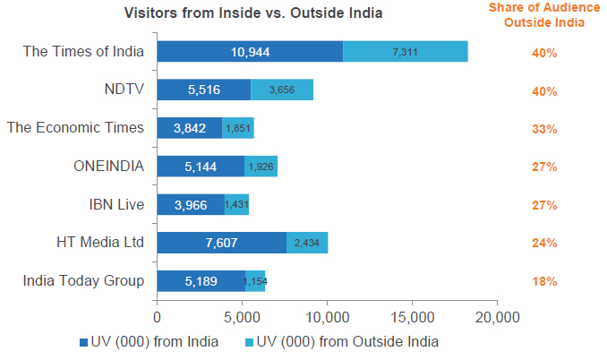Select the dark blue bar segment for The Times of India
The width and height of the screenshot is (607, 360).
[x=250, y=52]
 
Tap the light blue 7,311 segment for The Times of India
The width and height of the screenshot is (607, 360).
[x=406, y=52]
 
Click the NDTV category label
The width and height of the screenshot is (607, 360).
[x=124, y=89]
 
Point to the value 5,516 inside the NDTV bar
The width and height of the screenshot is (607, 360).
[x=204, y=90]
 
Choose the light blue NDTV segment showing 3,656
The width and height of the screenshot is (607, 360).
[x=282, y=90]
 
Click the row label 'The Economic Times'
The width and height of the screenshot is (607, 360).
[x=75, y=127]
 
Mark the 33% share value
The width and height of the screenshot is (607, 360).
[x=544, y=129]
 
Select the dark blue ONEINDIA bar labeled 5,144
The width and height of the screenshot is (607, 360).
[x=201, y=166]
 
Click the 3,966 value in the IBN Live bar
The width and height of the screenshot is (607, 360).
[x=191, y=205]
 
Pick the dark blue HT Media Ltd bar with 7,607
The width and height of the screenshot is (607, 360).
[x=221, y=243]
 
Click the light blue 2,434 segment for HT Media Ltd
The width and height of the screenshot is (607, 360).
[x=307, y=243]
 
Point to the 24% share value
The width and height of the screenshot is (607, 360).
[x=544, y=243]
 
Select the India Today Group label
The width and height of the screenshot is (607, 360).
[x=83, y=280]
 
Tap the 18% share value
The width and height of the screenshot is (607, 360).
[x=544, y=281]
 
